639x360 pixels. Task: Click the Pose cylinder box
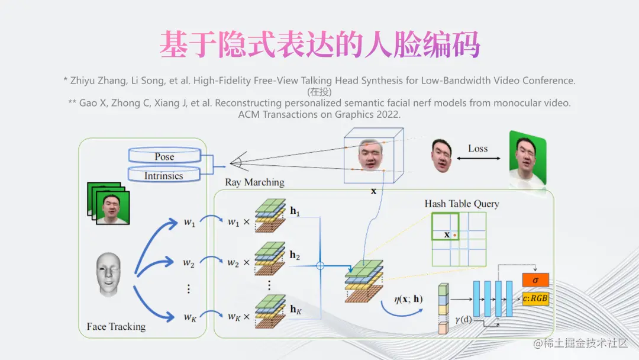point(164,157)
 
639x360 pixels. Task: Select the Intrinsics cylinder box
point(164,175)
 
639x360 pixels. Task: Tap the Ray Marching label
point(254,182)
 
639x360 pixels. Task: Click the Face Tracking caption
point(116,326)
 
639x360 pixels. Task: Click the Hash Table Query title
point(461,204)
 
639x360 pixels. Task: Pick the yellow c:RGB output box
point(535,298)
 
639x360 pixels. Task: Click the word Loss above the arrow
point(477,148)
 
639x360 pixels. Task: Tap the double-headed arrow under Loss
point(478,159)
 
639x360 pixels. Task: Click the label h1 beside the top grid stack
point(295,211)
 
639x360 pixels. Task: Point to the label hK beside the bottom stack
point(296,310)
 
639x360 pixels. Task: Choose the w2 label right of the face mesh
point(189,262)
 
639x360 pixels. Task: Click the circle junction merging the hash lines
point(320,266)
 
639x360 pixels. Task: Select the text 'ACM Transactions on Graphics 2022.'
point(319,114)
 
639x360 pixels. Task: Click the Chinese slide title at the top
point(319,45)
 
